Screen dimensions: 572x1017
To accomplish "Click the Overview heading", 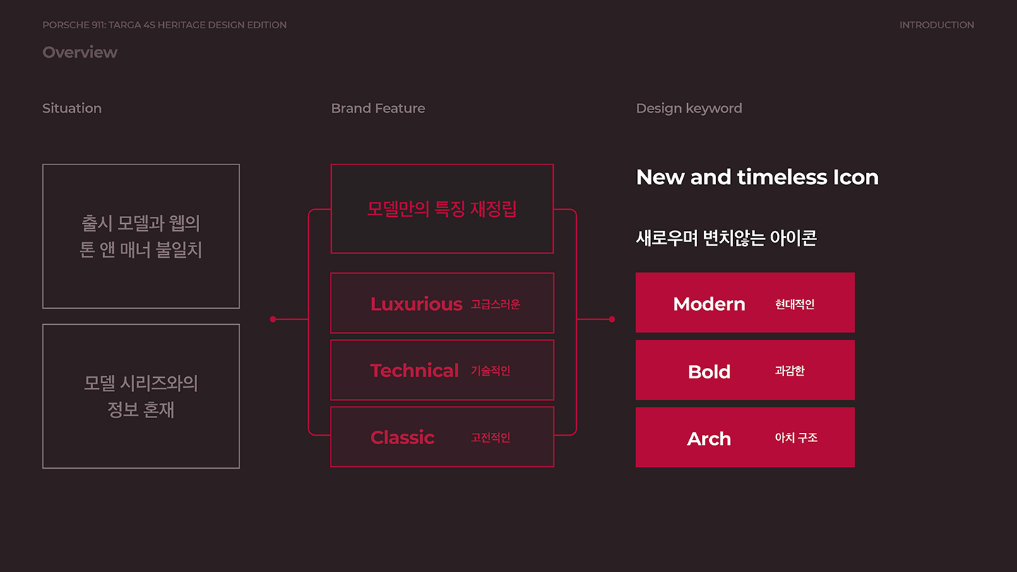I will click(x=80, y=52).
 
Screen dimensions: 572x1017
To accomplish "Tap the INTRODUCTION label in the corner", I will click(x=936, y=25).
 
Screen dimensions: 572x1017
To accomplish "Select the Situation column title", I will click(x=72, y=108).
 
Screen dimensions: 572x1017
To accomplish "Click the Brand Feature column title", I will click(x=378, y=108).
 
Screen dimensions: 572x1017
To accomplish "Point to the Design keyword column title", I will click(x=689, y=108).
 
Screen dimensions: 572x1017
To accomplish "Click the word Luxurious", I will click(x=416, y=304).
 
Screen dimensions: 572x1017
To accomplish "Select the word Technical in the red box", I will click(x=415, y=371).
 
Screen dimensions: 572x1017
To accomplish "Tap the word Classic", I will click(x=402, y=438).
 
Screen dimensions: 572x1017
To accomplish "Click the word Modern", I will click(x=709, y=304).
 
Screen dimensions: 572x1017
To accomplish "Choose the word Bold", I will click(x=709, y=371).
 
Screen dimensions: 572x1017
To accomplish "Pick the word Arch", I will click(x=709, y=439).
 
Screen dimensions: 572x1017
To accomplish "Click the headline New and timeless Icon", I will click(x=757, y=177).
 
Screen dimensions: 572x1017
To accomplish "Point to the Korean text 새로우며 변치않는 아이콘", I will click(x=726, y=238).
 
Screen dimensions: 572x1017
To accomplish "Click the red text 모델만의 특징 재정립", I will click(x=442, y=209).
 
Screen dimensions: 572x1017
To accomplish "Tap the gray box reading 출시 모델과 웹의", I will click(x=141, y=237).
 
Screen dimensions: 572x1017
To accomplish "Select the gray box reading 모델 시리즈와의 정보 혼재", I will click(x=141, y=396).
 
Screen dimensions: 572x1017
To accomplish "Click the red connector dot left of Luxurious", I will click(x=273, y=319).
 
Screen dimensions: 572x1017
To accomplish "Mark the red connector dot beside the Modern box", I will click(x=612, y=319).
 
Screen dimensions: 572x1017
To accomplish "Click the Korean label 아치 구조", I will click(x=796, y=438).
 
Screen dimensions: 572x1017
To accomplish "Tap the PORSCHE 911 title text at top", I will click(x=165, y=25).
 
